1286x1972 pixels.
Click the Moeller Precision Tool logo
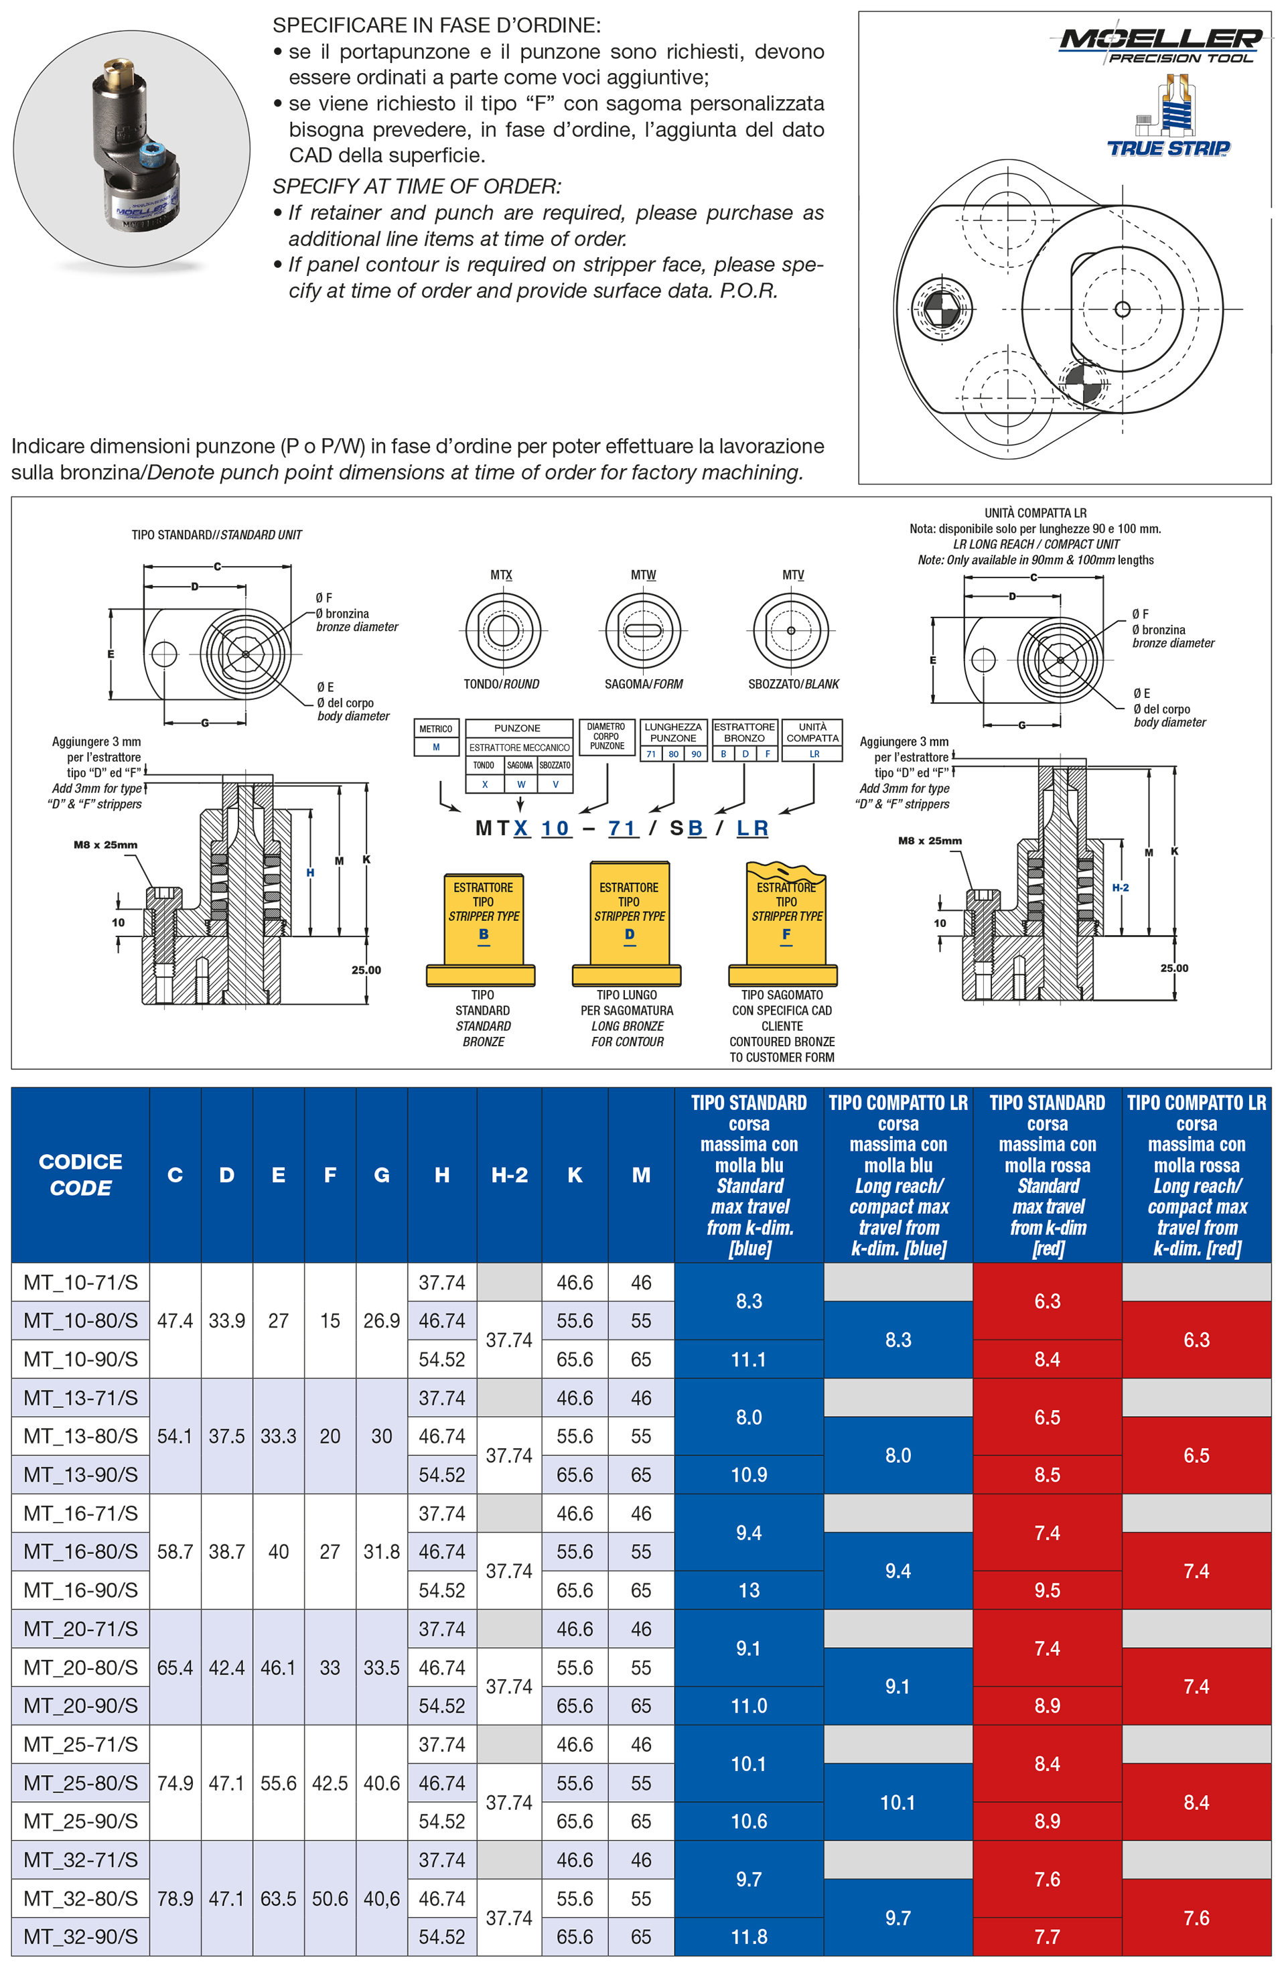pos(1160,46)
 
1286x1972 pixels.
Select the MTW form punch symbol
pos(643,630)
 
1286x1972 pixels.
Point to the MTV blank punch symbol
pos(791,630)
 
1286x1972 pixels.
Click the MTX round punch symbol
pos(502,630)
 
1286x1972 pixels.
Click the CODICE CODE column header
pos(80,1174)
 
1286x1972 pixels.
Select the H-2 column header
pos(509,1174)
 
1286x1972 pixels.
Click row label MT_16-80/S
pos(80,1551)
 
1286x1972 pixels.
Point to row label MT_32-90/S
pos(80,1936)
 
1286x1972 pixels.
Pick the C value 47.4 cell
pos(175,1321)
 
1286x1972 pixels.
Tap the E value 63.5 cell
pos(279,1898)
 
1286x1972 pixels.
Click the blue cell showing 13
pos(748,1590)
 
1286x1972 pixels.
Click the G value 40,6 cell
pos(381,1898)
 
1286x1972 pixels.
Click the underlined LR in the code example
pos(752,828)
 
